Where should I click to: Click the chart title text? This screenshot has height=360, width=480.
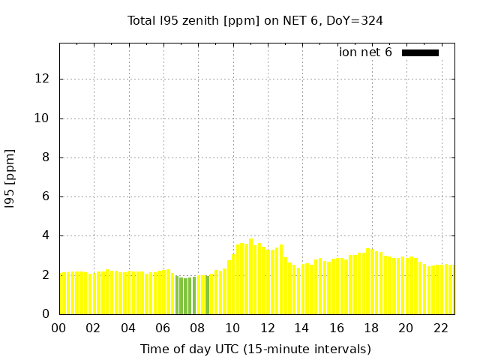coord(255,20)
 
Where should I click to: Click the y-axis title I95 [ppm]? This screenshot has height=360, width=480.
coord(10,177)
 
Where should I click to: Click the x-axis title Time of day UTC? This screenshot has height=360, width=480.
coord(255,349)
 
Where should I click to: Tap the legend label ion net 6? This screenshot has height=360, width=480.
coord(365,52)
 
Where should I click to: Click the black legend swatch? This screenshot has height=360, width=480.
coord(420,52)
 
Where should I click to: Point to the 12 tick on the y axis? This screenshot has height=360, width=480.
coord(43,79)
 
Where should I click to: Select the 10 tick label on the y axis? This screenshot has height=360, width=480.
coord(43,118)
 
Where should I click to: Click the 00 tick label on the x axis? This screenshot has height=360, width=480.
coord(58,328)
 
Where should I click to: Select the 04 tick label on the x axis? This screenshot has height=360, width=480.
coord(128,328)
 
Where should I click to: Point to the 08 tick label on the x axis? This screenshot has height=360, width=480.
coord(197,328)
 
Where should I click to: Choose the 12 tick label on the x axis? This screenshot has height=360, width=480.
coord(267,328)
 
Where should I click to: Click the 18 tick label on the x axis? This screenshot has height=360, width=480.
coord(371,328)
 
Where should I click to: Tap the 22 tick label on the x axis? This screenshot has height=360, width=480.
coord(441,328)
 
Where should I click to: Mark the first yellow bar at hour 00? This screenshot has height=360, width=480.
coord(64,293)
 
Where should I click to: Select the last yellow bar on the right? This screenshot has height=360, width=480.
coord(451,289)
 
